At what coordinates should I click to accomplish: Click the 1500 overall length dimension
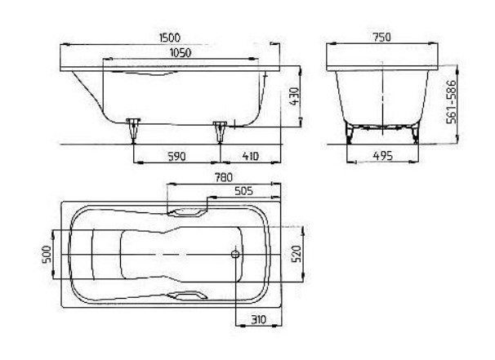[x=170, y=38]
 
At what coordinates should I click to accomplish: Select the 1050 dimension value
[x=181, y=53]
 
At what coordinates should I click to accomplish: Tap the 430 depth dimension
[x=294, y=96]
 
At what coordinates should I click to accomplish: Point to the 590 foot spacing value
[x=176, y=156]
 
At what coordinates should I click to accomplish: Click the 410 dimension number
[x=250, y=156]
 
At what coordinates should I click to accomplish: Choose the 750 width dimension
[x=381, y=38]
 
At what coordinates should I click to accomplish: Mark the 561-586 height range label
[x=452, y=101]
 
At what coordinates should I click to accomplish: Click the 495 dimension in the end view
[x=382, y=156]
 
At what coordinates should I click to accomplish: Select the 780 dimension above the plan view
[x=224, y=178]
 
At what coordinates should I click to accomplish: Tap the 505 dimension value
[x=243, y=191]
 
